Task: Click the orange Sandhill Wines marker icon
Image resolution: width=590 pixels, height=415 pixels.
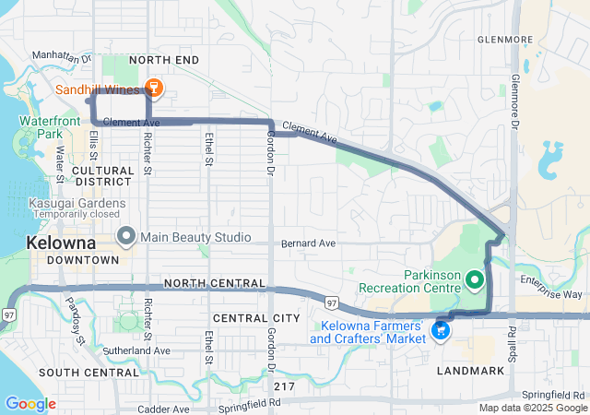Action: [154, 89]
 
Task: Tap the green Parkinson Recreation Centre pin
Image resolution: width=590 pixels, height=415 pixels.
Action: [475, 278]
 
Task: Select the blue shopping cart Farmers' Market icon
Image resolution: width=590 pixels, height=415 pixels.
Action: [442, 329]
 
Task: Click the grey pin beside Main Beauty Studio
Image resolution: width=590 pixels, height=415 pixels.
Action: [125, 237]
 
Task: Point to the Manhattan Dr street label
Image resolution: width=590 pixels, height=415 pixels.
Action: [61, 56]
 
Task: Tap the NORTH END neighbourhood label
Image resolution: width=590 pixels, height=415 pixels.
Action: [163, 60]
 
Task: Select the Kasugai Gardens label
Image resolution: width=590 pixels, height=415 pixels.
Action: [77, 203]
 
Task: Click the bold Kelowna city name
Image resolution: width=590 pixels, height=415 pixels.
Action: [62, 243]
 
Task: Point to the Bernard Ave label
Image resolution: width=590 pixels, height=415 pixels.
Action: [308, 243]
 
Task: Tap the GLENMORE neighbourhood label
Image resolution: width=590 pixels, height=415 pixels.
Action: [505, 40]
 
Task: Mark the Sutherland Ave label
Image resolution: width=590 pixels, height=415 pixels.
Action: [138, 351]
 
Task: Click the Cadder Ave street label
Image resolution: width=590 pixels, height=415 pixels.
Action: [163, 409]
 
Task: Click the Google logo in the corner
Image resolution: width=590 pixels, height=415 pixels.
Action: [30, 404]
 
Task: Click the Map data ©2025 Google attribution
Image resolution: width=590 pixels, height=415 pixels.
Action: [532, 409]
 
